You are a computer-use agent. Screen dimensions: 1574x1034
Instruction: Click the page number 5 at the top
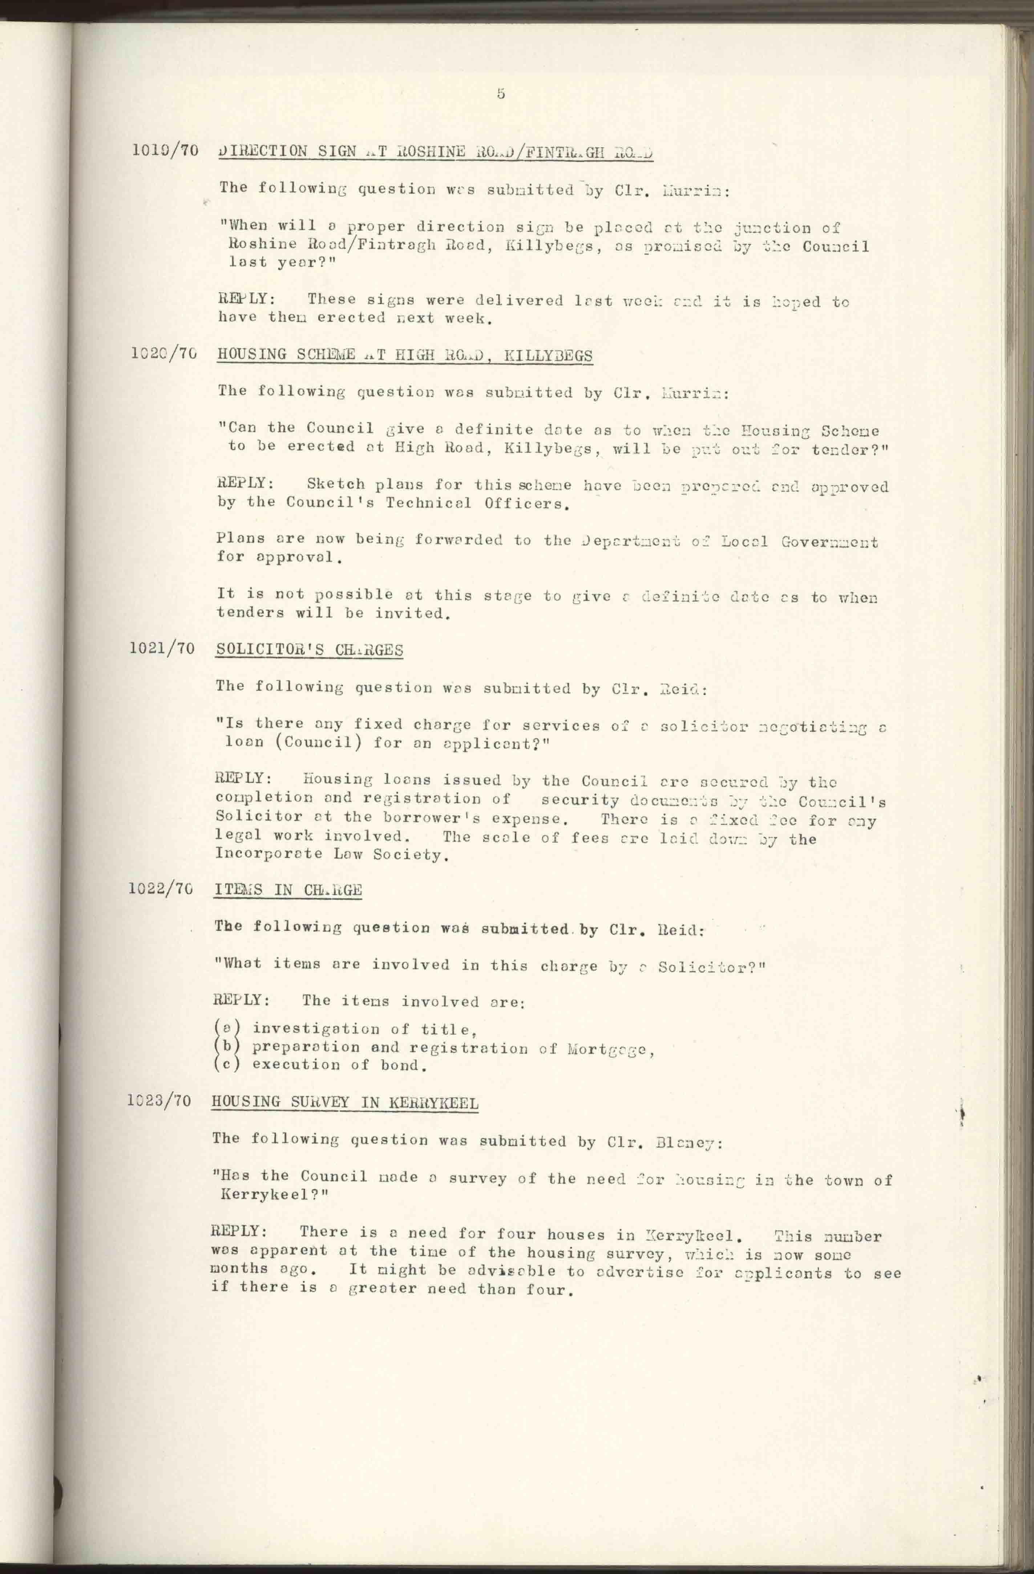pyautogui.click(x=501, y=94)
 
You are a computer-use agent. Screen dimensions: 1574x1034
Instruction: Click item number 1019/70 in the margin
pyautogui.click(x=165, y=150)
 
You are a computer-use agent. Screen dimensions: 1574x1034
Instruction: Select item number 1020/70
pyautogui.click(x=165, y=354)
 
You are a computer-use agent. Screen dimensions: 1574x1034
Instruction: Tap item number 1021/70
pyautogui.click(x=163, y=648)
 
